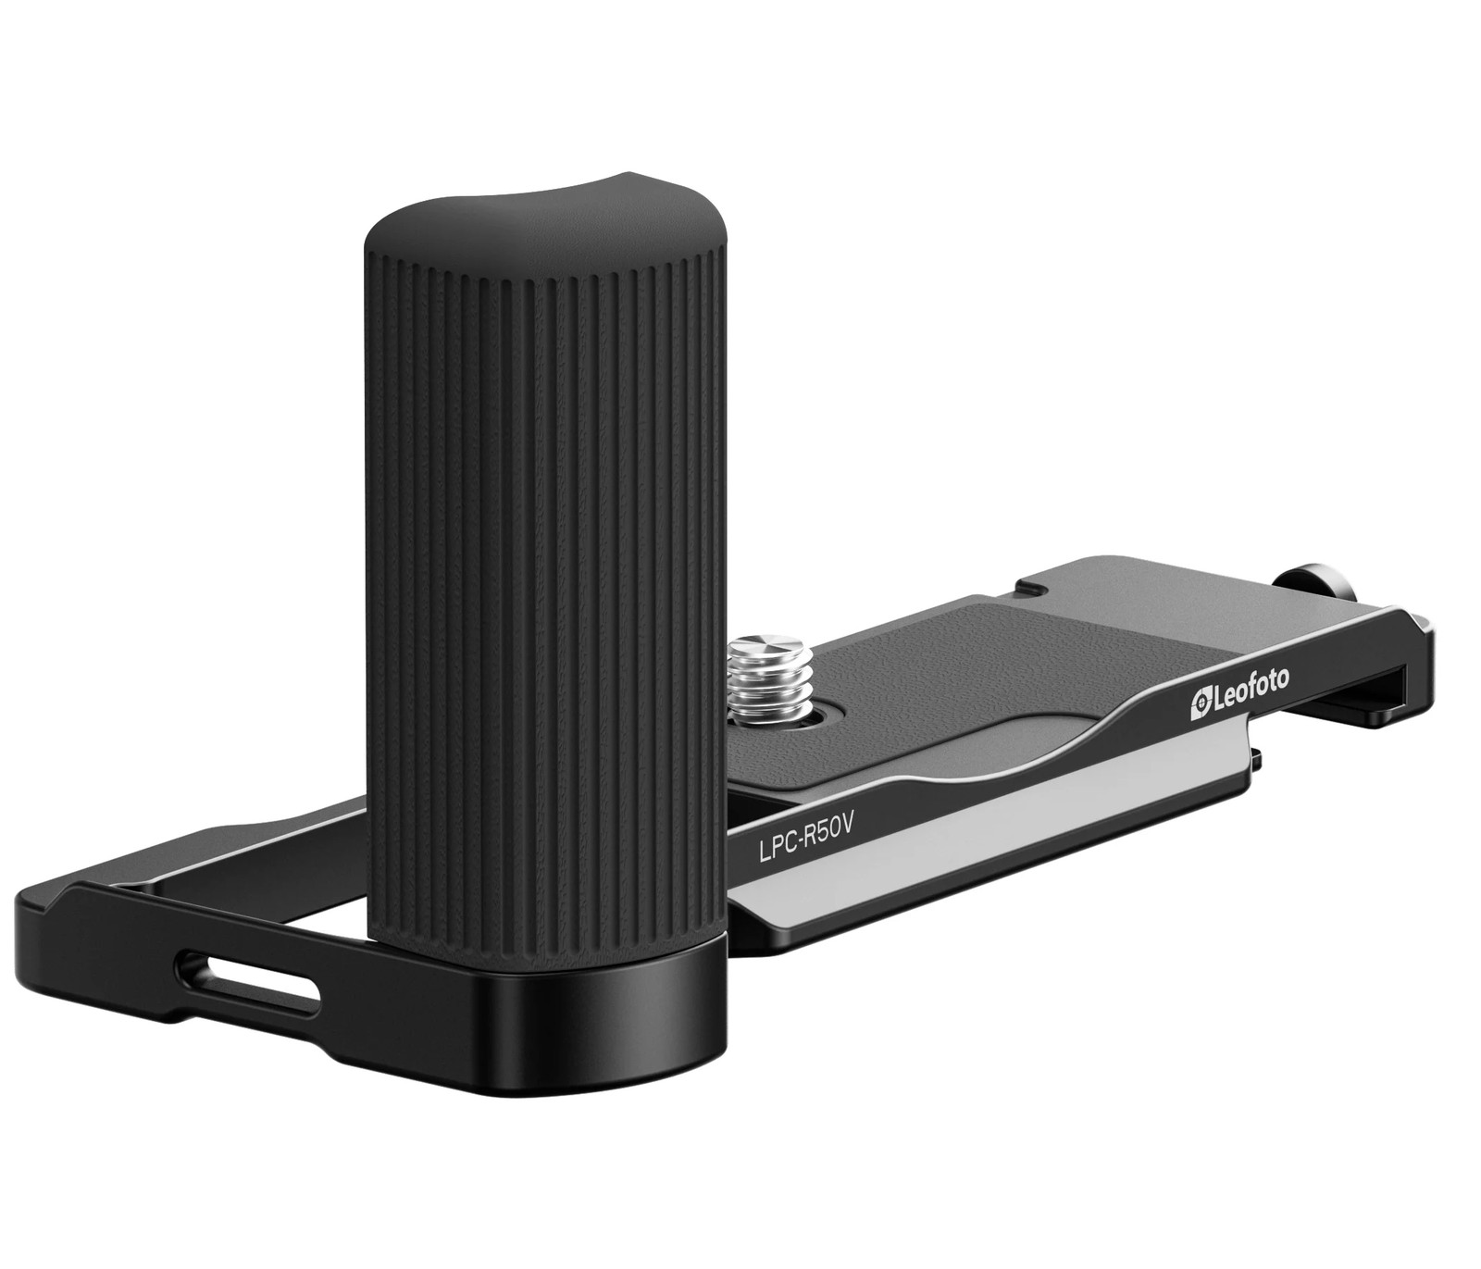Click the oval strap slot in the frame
point(264,979)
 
